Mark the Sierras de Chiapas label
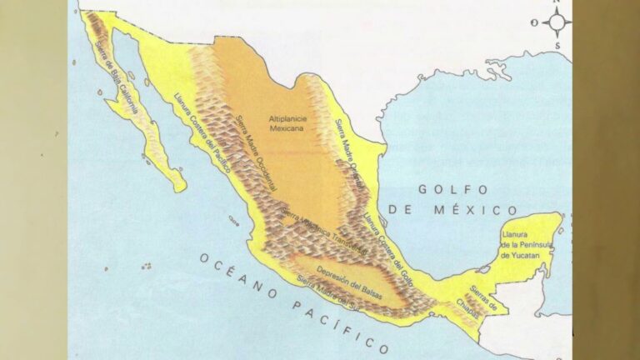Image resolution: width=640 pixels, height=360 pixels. click(x=482, y=298)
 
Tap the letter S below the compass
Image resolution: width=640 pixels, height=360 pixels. click(x=557, y=45)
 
